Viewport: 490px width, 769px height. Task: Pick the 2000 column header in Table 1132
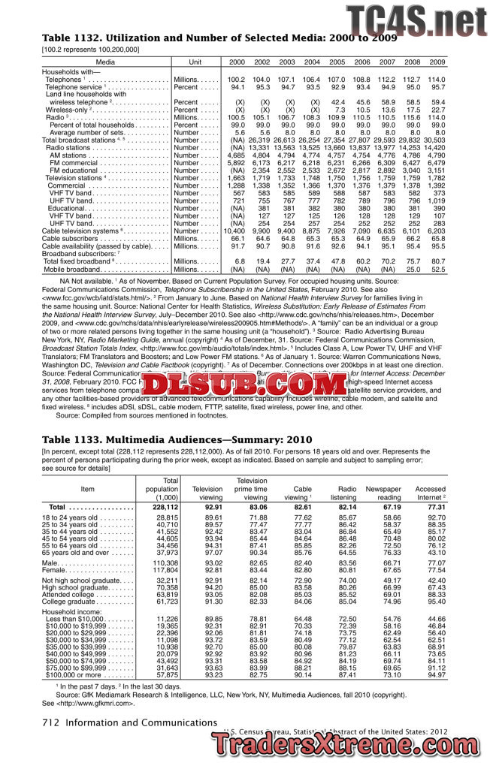[x=237, y=62]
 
